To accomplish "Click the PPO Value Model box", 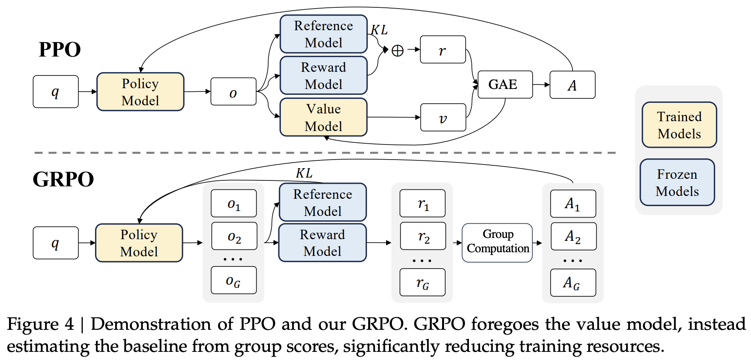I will click(x=323, y=117).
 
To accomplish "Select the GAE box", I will click(x=505, y=84).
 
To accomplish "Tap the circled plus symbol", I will click(x=397, y=51).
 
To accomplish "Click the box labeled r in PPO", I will click(x=443, y=50).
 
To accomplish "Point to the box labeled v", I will click(x=443, y=118).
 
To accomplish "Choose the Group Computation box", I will click(x=497, y=242).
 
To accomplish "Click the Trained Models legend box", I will click(x=679, y=125).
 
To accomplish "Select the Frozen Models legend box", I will click(x=677, y=182).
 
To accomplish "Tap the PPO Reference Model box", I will click(x=323, y=34).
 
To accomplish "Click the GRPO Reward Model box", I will click(x=322, y=242).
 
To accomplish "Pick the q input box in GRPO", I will click(x=56, y=243).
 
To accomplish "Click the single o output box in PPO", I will click(x=233, y=92).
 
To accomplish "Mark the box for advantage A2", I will click(x=573, y=236).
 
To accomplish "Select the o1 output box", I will click(x=233, y=203).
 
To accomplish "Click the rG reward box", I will click(x=422, y=282).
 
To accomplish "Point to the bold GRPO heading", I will click(x=63, y=179).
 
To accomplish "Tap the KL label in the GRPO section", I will click(x=304, y=173).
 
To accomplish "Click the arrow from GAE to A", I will click(x=541, y=85).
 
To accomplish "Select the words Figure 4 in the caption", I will click(x=40, y=324).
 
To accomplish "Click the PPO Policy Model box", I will click(x=140, y=92).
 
